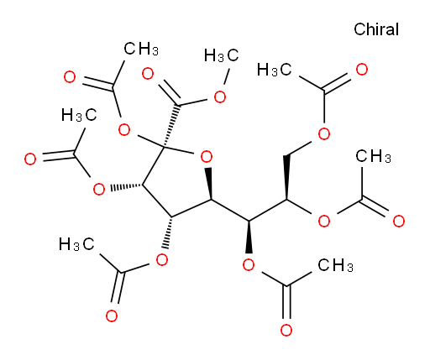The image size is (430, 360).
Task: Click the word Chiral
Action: pos(376,29)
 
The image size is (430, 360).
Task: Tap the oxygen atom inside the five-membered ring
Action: pos(207,157)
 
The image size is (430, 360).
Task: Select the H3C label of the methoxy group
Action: pos(221,55)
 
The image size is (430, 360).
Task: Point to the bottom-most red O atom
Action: pos(286,330)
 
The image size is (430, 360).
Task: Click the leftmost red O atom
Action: pos(30,159)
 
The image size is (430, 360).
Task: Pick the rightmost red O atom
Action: pos(399,221)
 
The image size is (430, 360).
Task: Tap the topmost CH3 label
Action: pos(141,49)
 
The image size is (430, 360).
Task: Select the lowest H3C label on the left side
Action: pos(76,244)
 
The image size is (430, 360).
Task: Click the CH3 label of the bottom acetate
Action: pos(335,265)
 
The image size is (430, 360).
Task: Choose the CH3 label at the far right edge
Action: pos(373,156)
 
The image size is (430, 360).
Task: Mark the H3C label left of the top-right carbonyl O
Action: pos(275,70)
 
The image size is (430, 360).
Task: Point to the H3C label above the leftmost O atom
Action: pos(79,115)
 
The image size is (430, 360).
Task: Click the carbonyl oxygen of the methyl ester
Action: pos(148,74)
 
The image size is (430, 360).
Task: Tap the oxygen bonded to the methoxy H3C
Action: pos(220,97)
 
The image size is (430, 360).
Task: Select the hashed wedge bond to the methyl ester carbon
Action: pos(171,125)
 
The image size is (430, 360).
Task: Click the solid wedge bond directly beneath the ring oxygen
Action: pos(209,184)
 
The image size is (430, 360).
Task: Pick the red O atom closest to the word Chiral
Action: pos(362,70)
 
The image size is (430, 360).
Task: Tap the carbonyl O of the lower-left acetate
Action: pos(112,316)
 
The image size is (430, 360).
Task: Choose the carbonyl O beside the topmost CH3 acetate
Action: pos(70,77)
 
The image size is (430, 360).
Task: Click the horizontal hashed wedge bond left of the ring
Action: pos(127,186)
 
